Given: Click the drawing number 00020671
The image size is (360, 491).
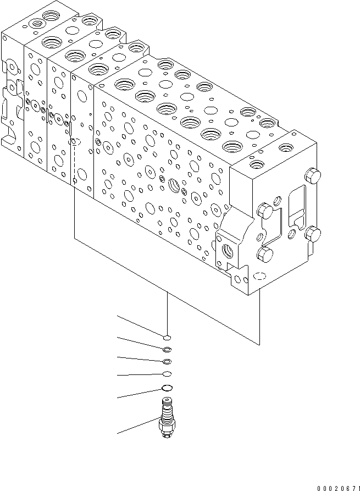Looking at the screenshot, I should click(337, 487).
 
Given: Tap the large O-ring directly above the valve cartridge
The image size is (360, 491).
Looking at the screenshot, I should click(168, 388).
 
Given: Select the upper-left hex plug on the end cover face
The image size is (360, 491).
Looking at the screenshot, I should click(265, 209).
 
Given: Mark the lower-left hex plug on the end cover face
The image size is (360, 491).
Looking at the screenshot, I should click(265, 255).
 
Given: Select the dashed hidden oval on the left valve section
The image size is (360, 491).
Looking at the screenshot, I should click(76, 142).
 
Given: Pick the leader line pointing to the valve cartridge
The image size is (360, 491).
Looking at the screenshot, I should click(137, 427).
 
